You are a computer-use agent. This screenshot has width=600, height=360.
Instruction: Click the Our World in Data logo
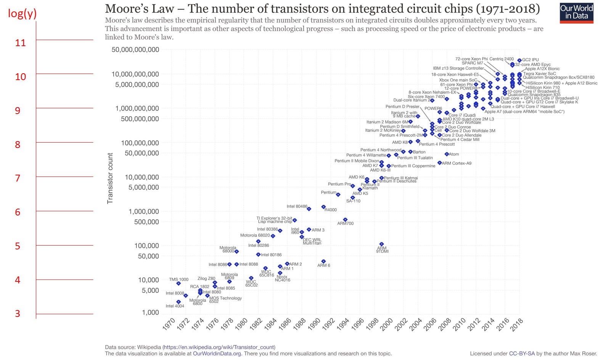point(576,13)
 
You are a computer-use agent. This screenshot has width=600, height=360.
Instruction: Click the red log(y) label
point(22,13)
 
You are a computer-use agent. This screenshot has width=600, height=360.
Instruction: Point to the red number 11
point(20,43)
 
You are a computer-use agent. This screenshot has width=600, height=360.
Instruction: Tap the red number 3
point(18,313)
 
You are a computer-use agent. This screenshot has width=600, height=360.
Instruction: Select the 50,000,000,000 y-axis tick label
point(135,50)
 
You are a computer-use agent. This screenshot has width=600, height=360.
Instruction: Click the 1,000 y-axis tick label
point(150,313)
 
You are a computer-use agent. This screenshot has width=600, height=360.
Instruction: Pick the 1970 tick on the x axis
point(169,324)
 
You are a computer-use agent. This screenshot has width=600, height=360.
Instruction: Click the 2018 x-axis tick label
point(517,324)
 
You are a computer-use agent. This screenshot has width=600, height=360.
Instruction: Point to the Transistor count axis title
point(110,178)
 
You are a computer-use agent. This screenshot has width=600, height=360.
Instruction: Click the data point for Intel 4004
point(179,302)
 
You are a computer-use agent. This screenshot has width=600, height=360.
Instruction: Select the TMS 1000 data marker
point(179,283)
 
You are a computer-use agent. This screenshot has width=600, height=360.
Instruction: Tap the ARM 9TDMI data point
point(381,244)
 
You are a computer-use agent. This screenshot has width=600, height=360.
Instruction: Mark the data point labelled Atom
point(447,154)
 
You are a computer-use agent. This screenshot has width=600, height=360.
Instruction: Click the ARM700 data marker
point(345,220)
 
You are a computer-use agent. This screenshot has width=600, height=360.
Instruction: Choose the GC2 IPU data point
point(519,60)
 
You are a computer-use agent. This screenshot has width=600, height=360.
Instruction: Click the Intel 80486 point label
point(297,206)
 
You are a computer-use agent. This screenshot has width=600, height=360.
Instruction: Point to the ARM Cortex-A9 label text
point(457,163)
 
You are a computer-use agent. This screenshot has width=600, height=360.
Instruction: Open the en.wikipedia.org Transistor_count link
point(219,347)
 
